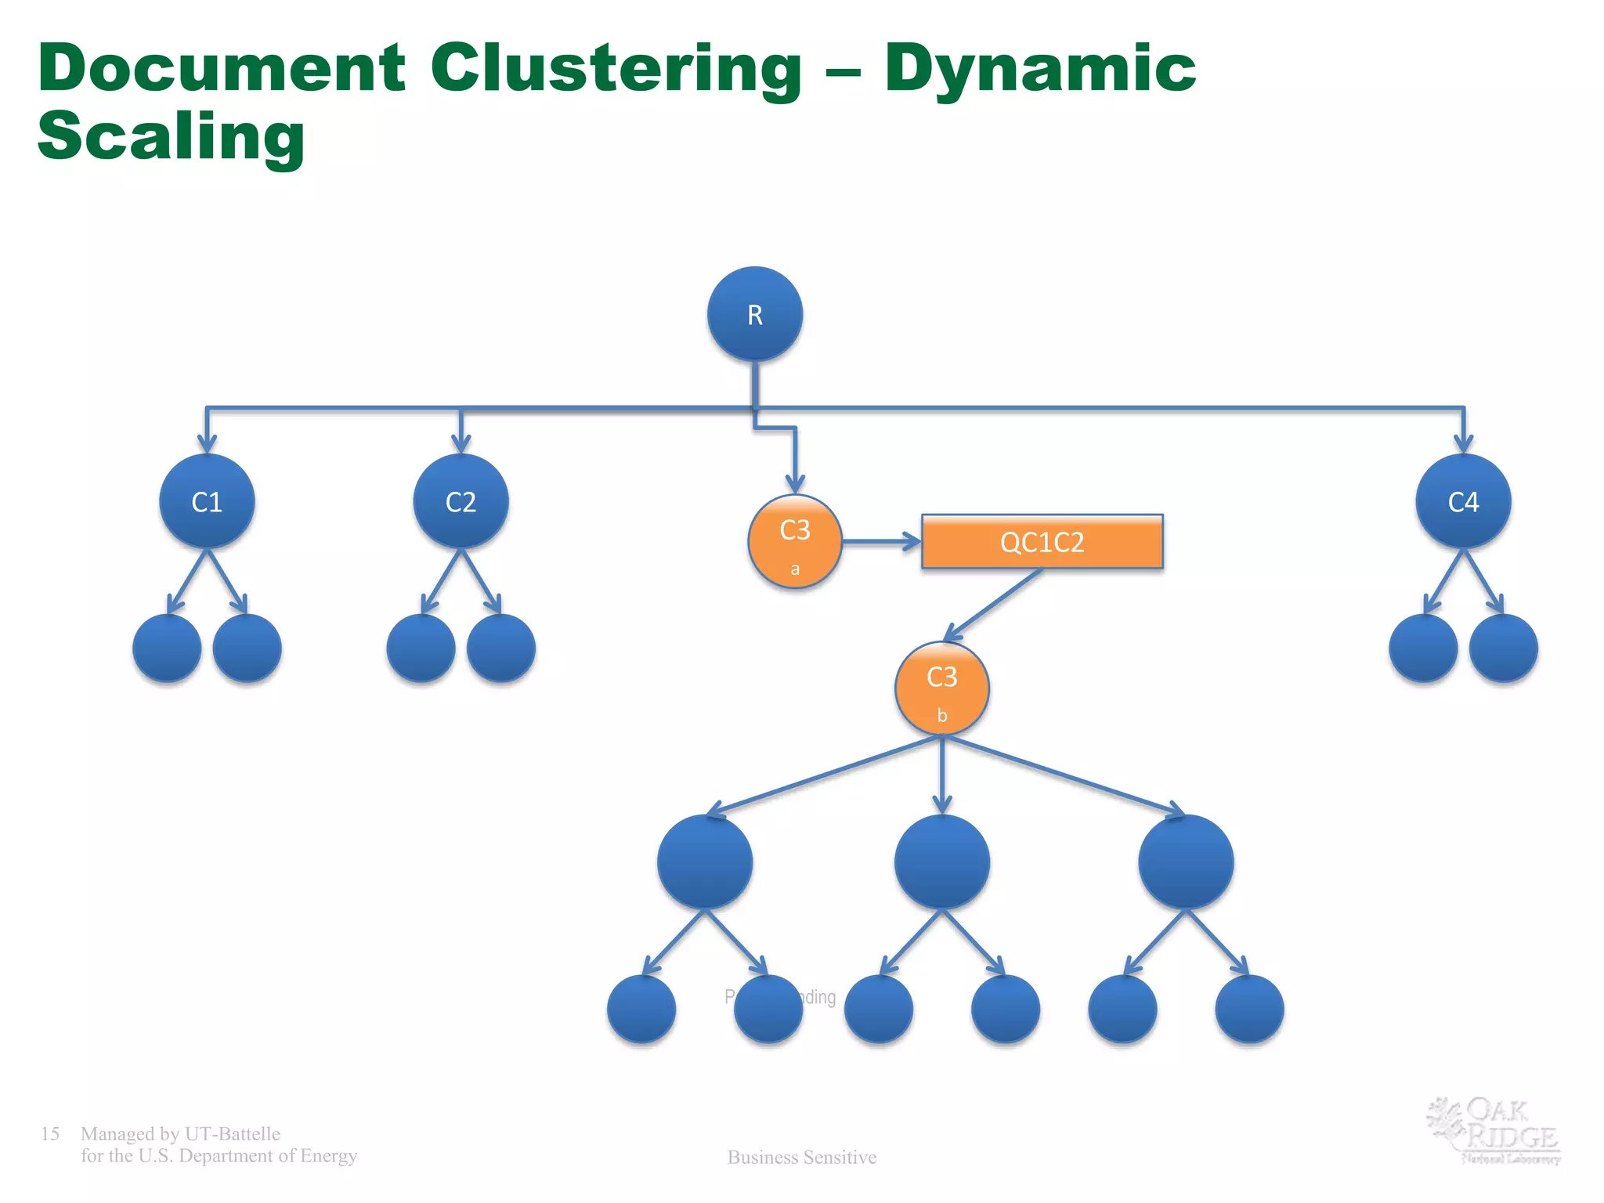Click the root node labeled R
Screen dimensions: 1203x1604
pos(754,314)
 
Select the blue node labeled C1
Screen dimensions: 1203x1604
pos(207,501)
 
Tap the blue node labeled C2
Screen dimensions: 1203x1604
pos(461,501)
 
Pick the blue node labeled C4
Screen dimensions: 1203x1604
pos(1463,501)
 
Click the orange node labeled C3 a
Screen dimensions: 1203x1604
pos(795,541)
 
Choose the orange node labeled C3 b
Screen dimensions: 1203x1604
pos(942,688)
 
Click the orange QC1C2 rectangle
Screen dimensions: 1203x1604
pos(1042,541)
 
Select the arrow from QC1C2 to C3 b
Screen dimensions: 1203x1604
pos(993,605)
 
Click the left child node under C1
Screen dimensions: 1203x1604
pos(167,648)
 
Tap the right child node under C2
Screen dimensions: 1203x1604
pos(500,648)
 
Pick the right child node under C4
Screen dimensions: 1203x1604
pos(1503,648)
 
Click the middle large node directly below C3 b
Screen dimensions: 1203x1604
pos(942,862)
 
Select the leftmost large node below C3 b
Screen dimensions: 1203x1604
pos(705,862)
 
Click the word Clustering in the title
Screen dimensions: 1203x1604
pos(616,68)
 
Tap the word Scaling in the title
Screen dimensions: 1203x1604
pos(171,136)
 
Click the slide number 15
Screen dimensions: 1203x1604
pos(50,1133)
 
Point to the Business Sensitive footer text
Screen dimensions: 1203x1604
pos(801,1157)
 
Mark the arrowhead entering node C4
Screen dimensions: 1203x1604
pos(1463,444)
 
